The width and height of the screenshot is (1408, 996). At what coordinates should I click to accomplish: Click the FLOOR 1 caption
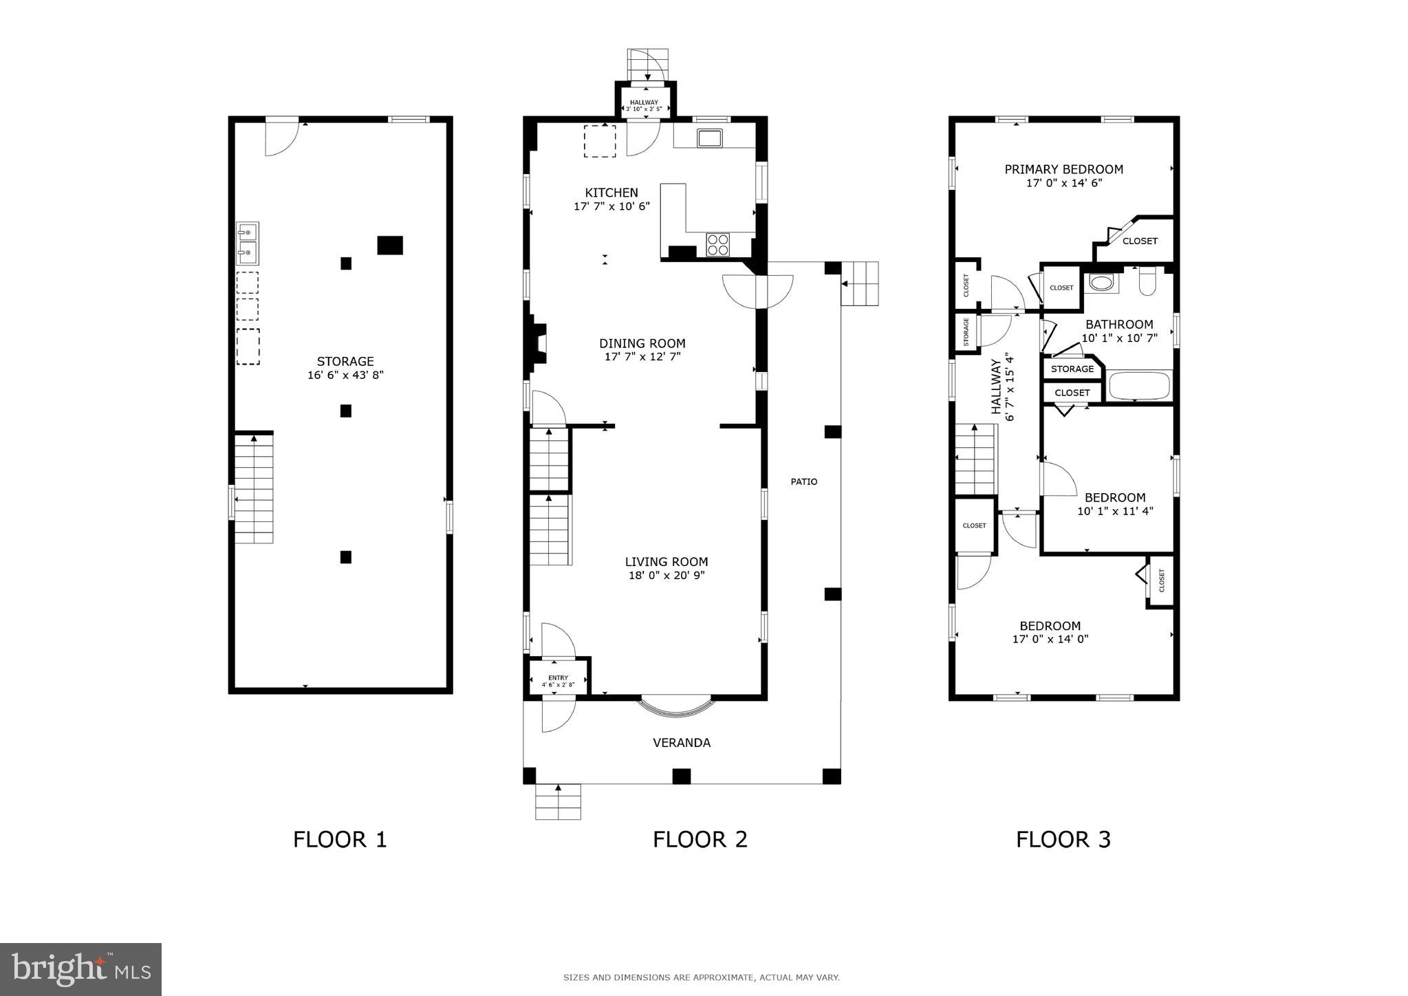340,839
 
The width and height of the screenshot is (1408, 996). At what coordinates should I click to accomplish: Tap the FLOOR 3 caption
1063,839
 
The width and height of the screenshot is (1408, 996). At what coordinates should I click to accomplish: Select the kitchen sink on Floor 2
709,138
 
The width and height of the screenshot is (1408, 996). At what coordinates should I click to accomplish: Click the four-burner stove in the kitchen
717,245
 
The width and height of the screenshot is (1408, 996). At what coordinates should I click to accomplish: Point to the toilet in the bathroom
1147,281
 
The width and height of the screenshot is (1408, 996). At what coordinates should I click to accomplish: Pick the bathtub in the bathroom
1140,386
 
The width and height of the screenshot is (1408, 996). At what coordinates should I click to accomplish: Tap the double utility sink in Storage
248,243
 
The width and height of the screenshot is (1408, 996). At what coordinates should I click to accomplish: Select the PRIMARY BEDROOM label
1063,169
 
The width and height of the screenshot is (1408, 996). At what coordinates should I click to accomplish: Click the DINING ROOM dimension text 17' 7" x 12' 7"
642,356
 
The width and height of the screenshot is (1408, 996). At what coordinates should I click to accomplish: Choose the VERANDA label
681,742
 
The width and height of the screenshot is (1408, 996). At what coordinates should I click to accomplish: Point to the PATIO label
803,481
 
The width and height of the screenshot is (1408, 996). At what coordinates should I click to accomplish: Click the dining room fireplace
537,343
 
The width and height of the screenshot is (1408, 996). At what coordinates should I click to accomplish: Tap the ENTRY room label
558,678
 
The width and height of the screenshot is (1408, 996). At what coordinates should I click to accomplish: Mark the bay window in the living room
676,706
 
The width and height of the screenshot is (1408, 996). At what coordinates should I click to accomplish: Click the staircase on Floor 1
254,488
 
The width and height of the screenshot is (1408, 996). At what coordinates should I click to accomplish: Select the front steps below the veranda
558,802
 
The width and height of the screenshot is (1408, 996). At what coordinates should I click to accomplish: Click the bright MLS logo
80,969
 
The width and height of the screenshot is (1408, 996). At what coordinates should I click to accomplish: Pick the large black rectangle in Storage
389,246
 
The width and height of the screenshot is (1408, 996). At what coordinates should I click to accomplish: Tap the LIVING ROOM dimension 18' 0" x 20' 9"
667,575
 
